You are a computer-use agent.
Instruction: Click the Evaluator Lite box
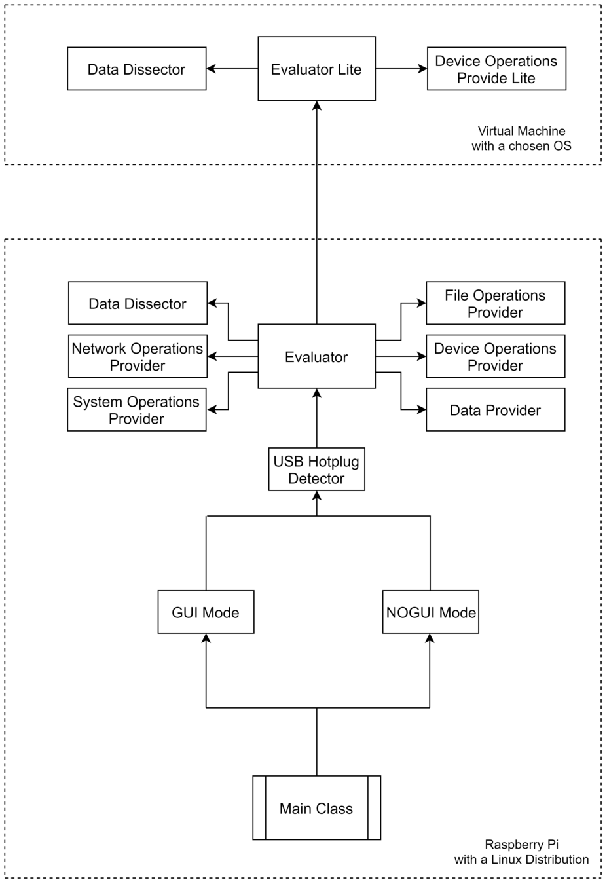[x=316, y=69]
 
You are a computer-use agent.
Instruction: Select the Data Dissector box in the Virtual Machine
[x=137, y=69]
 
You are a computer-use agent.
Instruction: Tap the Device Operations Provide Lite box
[x=496, y=69]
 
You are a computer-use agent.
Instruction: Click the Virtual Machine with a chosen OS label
[x=521, y=138]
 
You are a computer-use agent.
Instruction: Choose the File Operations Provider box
[x=495, y=303]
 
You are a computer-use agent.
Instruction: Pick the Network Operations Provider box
[x=138, y=356]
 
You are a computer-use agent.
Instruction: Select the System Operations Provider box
[x=137, y=410]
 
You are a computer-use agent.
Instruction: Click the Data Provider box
[x=495, y=410]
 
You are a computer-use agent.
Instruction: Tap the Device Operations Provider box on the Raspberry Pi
[x=495, y=356]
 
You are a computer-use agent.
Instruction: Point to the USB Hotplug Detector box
[x=316, y=470]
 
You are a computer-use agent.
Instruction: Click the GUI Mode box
[x=206, y=612]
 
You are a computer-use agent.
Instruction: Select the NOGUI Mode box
[x=431, y=612]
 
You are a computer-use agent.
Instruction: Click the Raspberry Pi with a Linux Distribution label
[x=521, y=852]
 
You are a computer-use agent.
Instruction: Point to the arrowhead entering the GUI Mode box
[x=206, y=638]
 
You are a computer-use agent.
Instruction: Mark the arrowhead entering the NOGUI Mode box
[x=430, y=638]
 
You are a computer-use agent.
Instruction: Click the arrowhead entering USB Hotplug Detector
[x=316, y=495]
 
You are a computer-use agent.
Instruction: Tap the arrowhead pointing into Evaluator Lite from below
[x=316, y=105]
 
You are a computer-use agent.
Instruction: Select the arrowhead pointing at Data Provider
[x=422, y=410]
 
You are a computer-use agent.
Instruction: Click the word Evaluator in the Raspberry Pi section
[x=316, y=357]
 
